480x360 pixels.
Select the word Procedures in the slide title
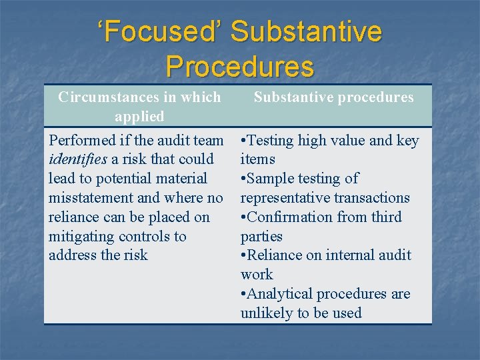pos(239,66)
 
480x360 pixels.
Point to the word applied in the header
pos(139,117)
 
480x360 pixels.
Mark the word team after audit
pos(207,141)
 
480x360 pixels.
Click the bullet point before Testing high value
pos(243,141)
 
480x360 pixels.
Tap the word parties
pos(261,237)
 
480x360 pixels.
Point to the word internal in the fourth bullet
pos(341,255)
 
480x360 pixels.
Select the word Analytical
pos(279,294)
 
